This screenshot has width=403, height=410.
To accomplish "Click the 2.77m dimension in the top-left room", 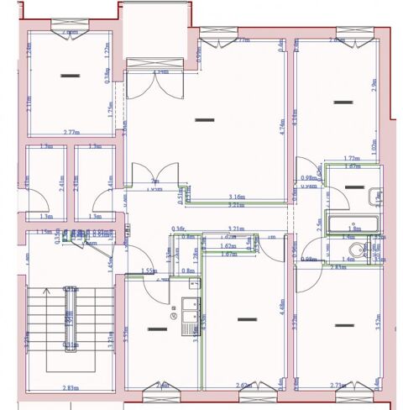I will [71, 133].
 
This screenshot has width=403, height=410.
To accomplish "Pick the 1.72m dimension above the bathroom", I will [352, 158].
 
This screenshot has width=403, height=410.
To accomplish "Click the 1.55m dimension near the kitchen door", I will [149, 271].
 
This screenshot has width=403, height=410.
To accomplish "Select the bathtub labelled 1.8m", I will [353, 226].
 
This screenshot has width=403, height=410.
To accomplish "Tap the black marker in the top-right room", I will [340, 102].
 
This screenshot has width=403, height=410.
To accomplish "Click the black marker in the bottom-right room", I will [340, 325].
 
